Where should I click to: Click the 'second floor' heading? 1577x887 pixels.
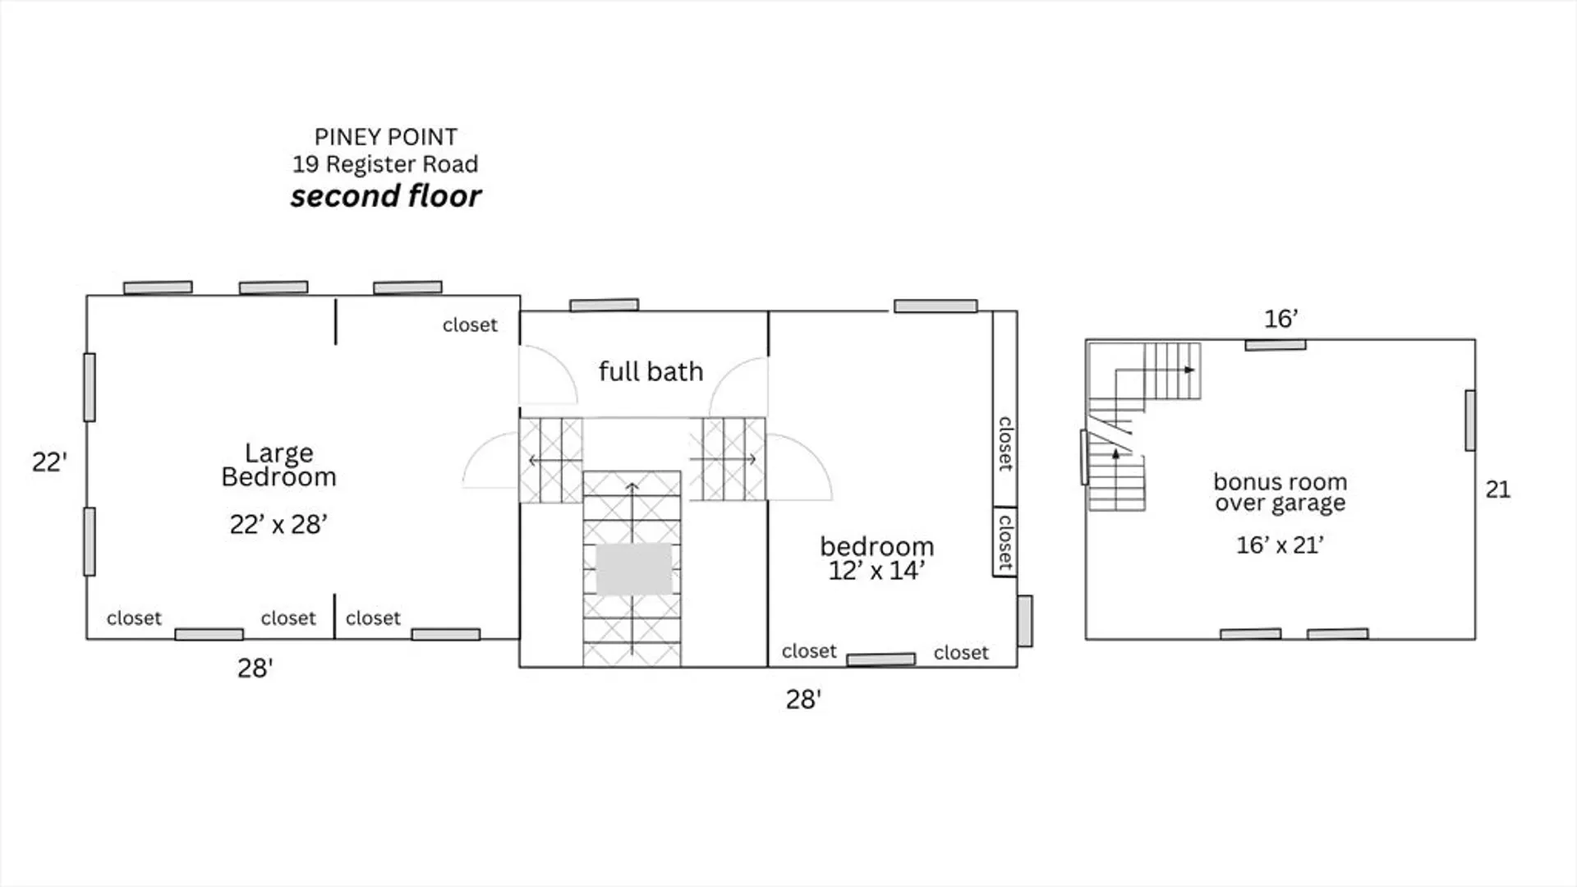point(386,196)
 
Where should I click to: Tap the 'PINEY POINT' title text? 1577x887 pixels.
point(386,136)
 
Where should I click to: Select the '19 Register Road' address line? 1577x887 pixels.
point(385,164)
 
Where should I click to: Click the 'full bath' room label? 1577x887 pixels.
point(651,371)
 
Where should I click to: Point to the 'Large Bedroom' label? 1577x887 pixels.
point(279,465)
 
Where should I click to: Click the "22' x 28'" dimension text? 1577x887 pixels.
point(278,524)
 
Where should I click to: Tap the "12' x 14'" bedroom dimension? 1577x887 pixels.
point(876,571)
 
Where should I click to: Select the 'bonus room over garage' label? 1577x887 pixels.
point(1280,492)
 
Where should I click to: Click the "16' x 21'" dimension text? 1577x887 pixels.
point(1280,545)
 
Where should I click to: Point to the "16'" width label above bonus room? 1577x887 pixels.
point(1281,319)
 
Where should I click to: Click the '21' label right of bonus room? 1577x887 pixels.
point(1498,489)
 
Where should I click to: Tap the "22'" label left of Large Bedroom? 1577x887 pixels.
point(49,462)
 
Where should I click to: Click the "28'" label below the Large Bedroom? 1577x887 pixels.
point(255,669)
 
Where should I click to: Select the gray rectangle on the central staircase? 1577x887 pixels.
point(634,569)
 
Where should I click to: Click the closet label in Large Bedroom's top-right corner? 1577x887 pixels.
point(470,325)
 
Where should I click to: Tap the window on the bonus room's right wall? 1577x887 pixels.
point(1470,421)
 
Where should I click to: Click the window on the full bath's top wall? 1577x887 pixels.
point(605,306)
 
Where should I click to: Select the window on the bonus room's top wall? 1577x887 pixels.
point(1276,346)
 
